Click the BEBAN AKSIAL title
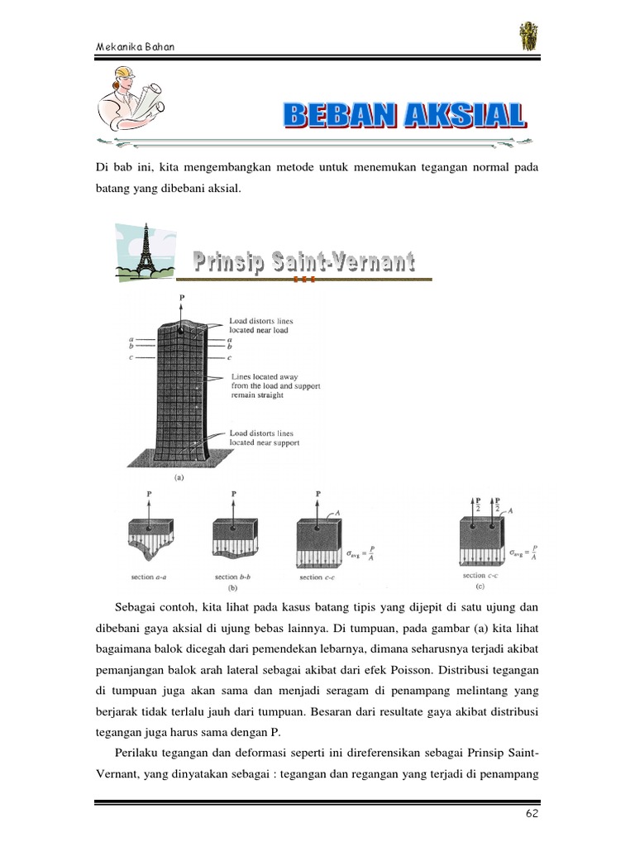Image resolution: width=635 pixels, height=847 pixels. point(405,116)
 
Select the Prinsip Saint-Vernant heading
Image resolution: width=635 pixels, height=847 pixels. point(304,263)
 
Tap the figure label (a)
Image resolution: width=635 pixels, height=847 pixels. point(178,477)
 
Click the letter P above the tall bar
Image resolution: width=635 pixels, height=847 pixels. point(180,295)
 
